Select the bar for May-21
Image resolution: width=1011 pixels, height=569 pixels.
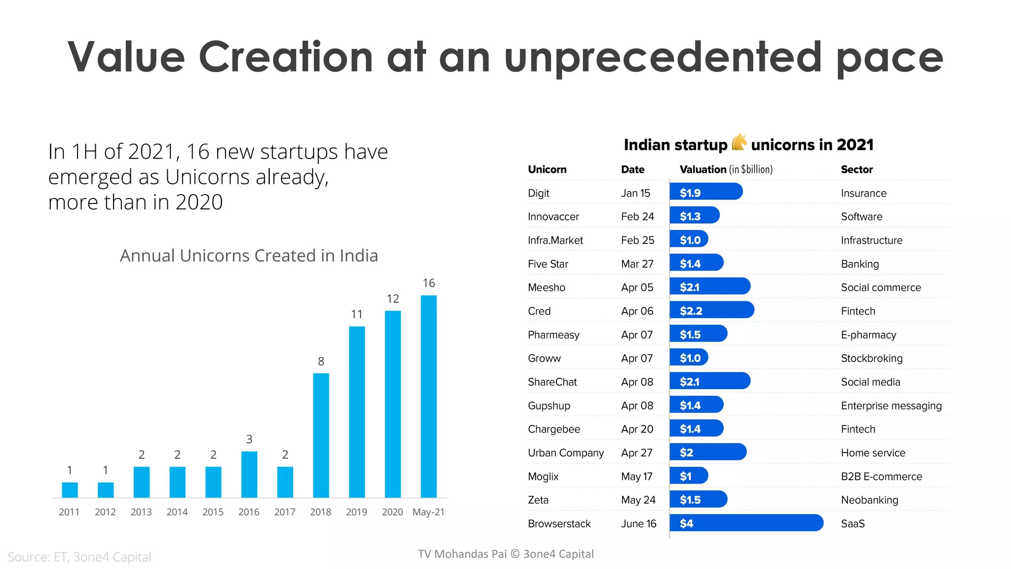[x=428, y=396]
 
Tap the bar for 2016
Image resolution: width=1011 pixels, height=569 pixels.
[x=249, y=474]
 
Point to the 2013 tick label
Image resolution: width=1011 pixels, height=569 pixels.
[x=141, y=512]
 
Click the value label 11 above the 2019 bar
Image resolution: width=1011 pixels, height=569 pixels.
[x=356, y=314]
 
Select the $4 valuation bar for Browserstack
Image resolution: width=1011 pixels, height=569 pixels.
[x=746, y=523]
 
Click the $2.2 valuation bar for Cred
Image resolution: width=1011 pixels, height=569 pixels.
[x=711, y=311]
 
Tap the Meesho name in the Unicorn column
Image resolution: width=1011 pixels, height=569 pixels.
[x=546, y=287]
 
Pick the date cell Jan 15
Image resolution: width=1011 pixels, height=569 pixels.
[x=635, y=193]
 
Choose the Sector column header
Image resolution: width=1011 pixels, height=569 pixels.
[x=856, y=169]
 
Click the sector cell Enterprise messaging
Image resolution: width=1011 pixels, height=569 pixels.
[x=891, y=406]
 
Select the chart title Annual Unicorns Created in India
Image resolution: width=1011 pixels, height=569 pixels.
[x=249, y=255]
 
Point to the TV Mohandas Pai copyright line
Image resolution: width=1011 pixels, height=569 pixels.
[x=505, y=554]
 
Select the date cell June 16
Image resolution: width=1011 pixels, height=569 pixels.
[x=638, y=524]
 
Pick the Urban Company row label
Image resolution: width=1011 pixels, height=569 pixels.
[x=566, y=453]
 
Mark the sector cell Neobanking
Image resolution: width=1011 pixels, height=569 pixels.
[x=869, y=500]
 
